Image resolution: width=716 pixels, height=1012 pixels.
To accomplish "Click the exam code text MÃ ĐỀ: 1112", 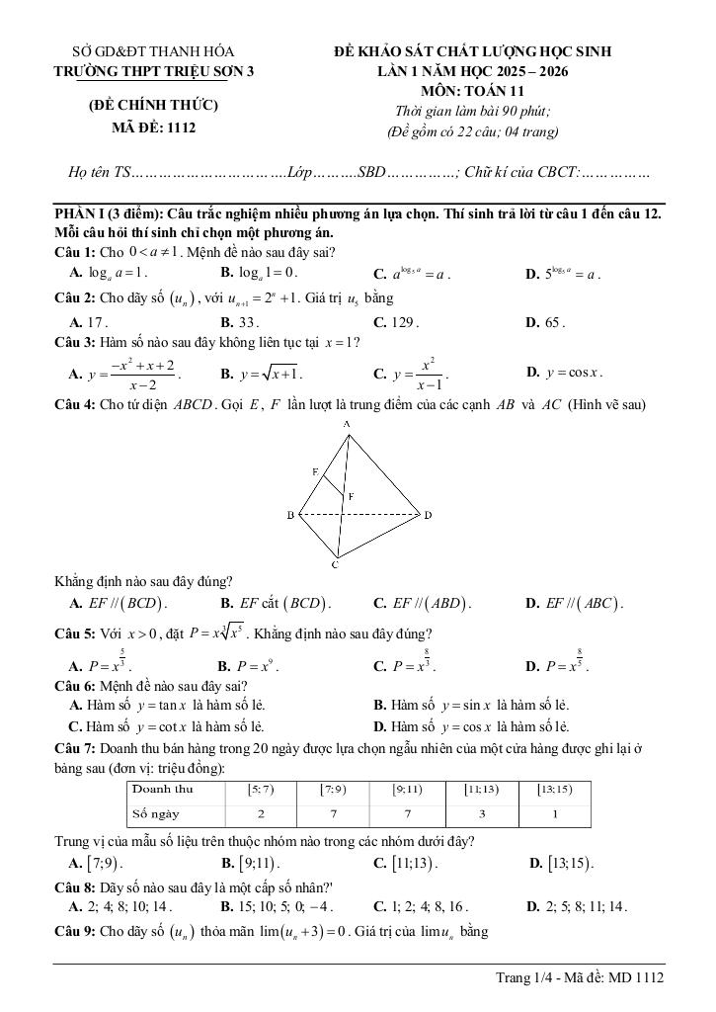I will pos(154,126).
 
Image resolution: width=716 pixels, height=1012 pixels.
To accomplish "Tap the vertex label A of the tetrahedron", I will pos(348,424).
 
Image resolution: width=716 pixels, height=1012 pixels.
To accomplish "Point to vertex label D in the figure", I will pos(428,515).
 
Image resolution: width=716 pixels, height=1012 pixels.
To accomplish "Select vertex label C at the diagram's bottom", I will pos(335,565).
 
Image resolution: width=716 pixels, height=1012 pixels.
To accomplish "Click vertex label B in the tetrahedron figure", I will pos(290,515).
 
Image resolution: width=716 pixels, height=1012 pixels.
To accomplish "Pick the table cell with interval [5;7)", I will pos(261,789).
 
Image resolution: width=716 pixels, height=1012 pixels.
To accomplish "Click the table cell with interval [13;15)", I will pos(554,789).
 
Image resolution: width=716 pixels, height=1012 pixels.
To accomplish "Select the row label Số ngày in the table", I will pos(158,813).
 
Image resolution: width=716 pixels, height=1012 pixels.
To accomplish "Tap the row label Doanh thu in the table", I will pos(163,789).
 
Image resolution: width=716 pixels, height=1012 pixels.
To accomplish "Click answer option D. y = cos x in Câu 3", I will pos(565,373).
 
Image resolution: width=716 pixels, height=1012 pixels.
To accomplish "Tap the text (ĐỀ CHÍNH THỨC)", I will pos(154,105).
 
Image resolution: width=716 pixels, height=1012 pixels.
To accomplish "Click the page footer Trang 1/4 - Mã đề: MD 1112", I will pos(580,977).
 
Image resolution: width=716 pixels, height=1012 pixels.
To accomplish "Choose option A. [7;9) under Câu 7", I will pos(97,864).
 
